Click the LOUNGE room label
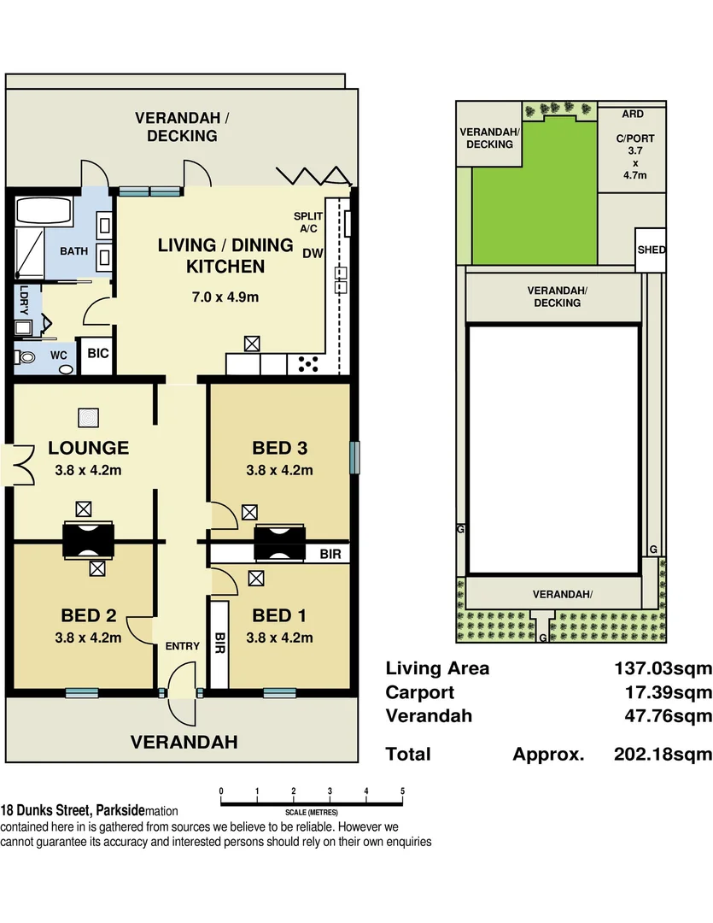pyautogui.click(x=88, y=448)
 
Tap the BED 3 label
pyautogui.click(x=279, y=448)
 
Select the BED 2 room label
pyautogui.click(x=88, y=615)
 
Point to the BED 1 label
pyautogui.click(x=279, y=615)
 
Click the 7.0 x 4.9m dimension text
pyautogui.click(x=225, y=297)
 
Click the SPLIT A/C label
pyautogui.click(x=307, y=223)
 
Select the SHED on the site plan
pyautogui.click(x=651, y=250)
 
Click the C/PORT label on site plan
pyautogui.click(x=632, y=137)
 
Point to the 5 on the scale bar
pyautogui.click(x=402, y=791)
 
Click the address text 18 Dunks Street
pyautogui.click(x=47, y=810)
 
